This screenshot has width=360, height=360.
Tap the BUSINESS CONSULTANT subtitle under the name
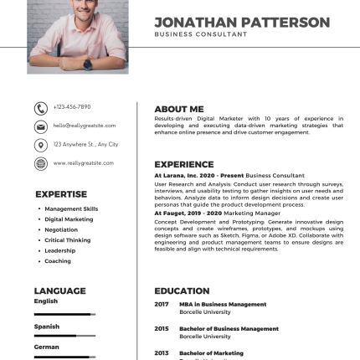tap(200, 34)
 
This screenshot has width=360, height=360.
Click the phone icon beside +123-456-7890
tap(39, 108)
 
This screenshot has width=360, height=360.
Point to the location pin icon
tap(39, 144)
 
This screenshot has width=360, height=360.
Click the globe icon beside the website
tap(39, 163)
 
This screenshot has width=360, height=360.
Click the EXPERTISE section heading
tap(61, 193)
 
